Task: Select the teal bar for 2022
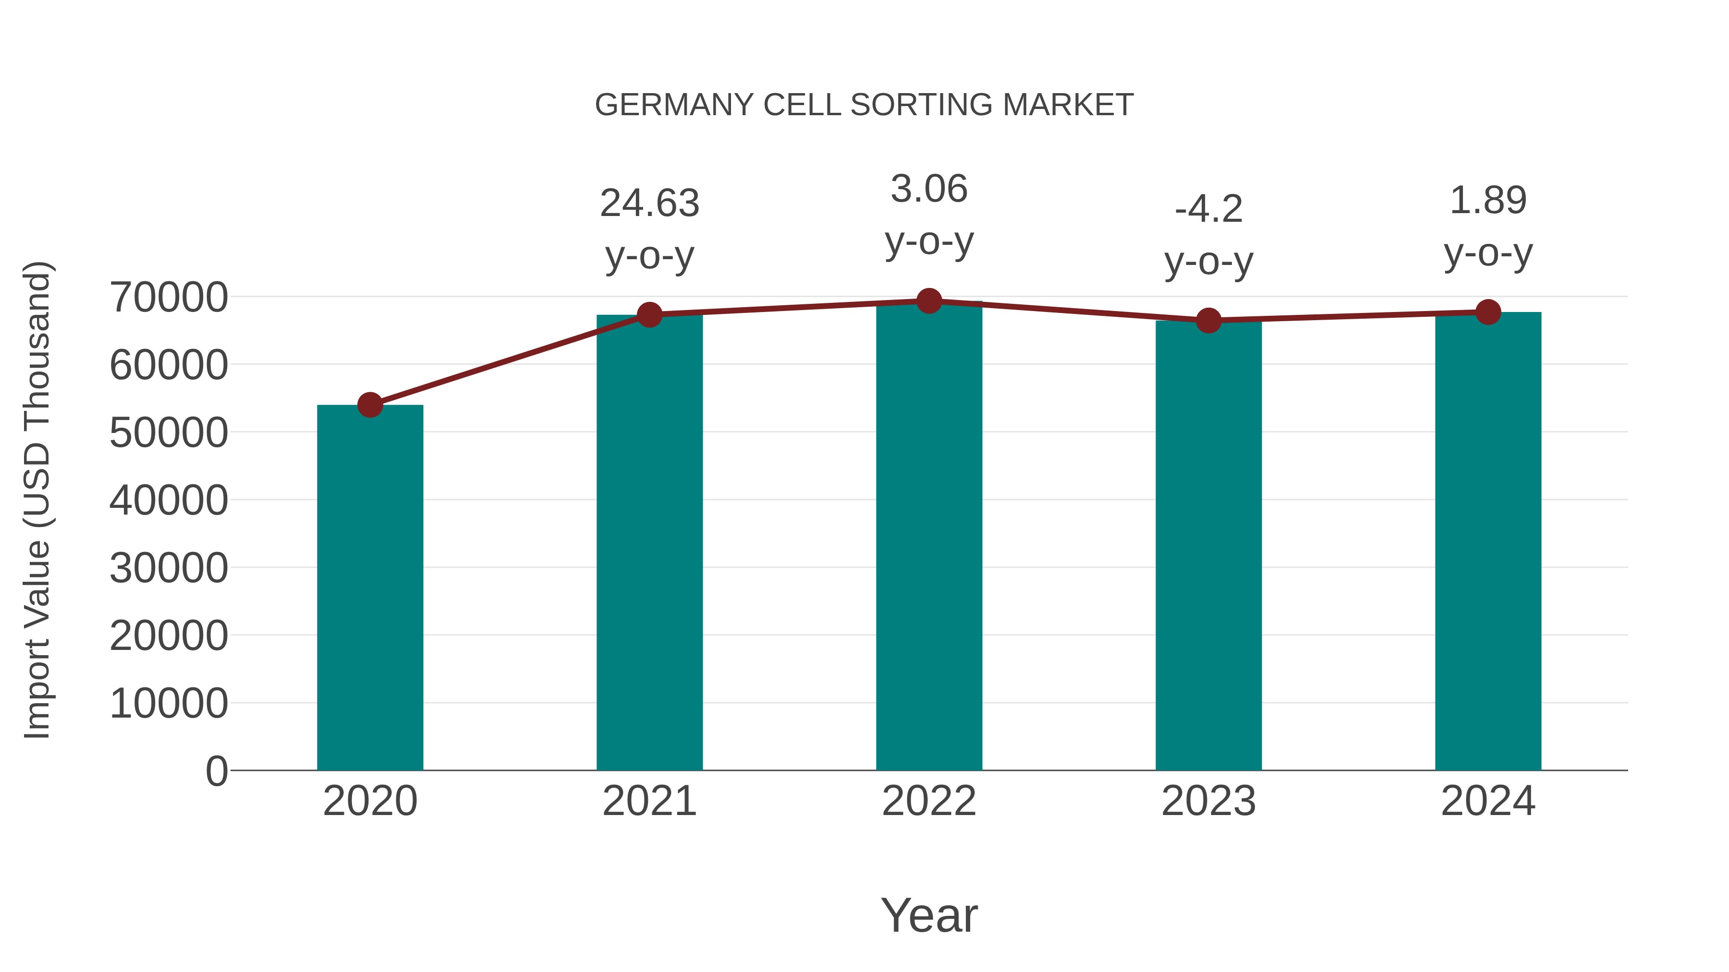click(929, 537)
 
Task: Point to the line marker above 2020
click(370, 405)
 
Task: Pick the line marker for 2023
click(1208, 321)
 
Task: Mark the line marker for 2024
click(1488, 312)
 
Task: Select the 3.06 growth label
click(929, 189)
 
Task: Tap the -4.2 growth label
click(1208, 209)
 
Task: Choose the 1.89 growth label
click(1488, 201)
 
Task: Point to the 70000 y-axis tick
click(169, 297)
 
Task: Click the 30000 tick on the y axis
click(169, 568)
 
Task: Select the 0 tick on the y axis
click(216, 771)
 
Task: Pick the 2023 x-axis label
click(1208, 801)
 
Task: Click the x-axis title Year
click(929, 915)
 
